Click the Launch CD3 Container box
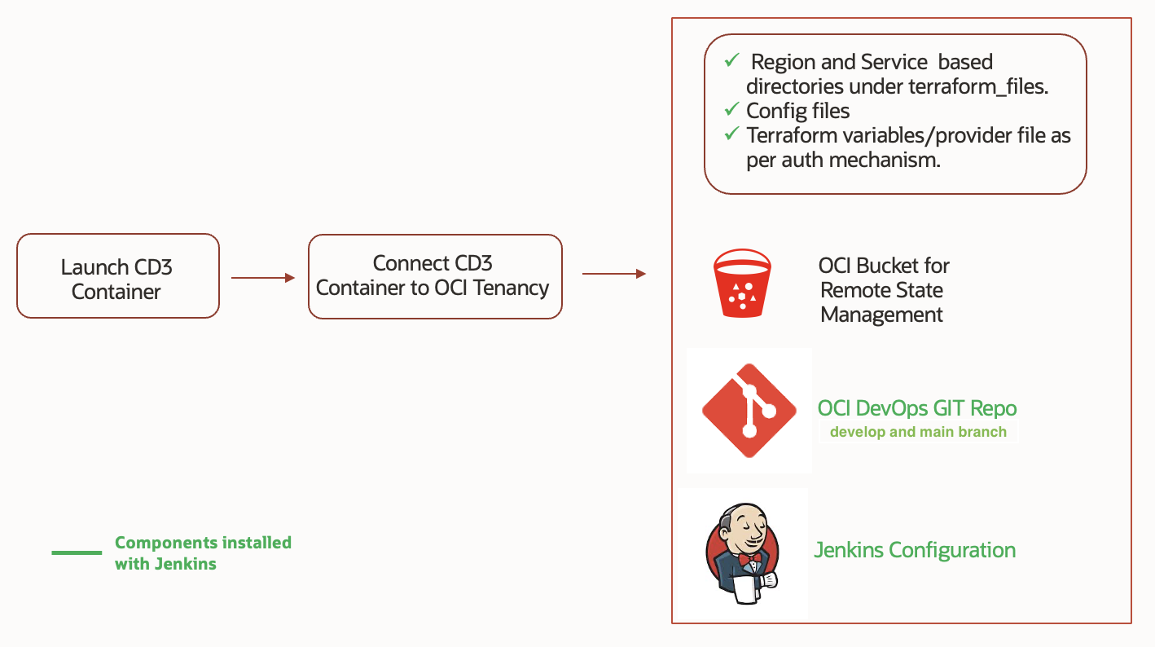click(117, 276)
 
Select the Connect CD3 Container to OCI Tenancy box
click(435, 276)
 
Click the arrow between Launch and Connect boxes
click(263, 278)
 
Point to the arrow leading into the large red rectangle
click(613, 274)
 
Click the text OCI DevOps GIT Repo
click(917, 408)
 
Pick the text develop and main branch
click(918, 432)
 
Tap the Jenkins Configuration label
click(915, 550)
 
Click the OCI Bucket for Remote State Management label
click(884, 290)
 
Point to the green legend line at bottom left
click(77, 553)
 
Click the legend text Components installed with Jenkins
click(203, 552)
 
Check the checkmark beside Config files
click(731, 109)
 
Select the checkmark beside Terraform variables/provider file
click(731, 134)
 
